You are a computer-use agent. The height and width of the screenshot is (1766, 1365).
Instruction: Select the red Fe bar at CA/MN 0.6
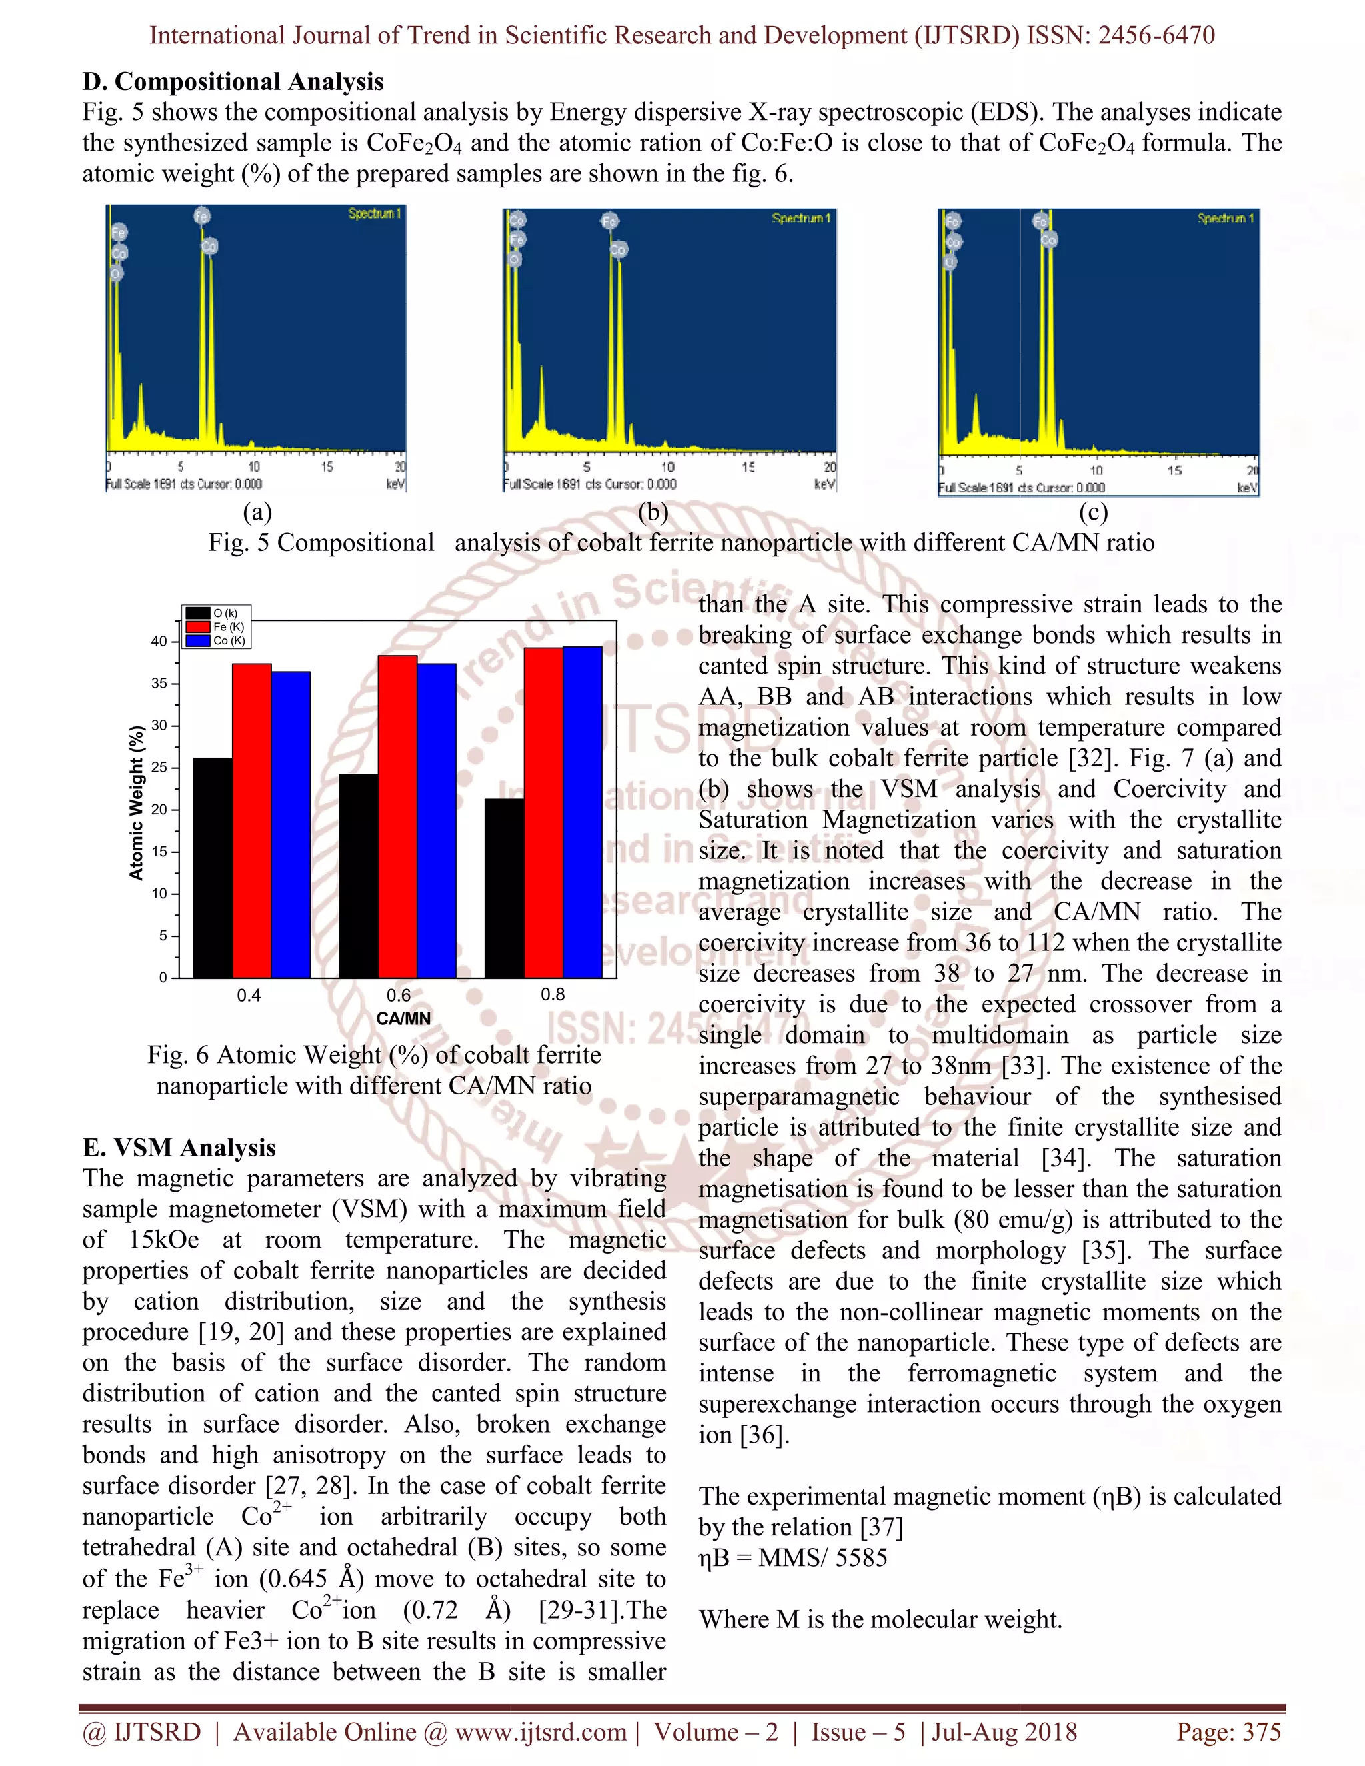[397, 817]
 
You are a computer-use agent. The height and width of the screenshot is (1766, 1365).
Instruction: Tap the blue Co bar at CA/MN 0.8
[583, 812]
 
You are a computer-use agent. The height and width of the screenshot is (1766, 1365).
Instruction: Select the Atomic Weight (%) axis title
[137, 802]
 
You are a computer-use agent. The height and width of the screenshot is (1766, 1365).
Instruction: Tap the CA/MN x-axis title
[403, 1018]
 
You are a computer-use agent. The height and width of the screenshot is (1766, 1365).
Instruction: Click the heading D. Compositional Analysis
[233, 82]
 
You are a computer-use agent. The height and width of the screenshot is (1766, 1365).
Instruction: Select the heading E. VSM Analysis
[179, 1148]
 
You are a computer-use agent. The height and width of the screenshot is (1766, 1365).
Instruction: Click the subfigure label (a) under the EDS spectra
[257, 512]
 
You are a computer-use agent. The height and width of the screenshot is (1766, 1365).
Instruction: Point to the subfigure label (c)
[1093, 512]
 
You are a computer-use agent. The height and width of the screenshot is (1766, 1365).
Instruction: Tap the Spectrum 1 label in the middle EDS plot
[800, 219]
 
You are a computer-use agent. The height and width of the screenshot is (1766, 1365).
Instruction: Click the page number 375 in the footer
[1262, 1731]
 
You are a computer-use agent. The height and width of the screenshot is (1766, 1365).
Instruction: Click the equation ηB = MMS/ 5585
[793, 1557]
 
